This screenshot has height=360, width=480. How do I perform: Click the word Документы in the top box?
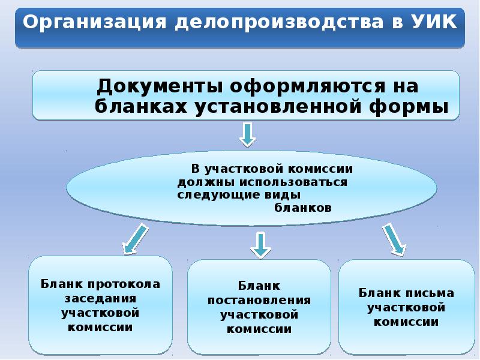(159, 86)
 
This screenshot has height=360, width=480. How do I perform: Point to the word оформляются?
(307, 86)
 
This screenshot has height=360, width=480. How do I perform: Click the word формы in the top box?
(409, 108)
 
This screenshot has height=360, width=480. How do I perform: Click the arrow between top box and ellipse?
(247, 134)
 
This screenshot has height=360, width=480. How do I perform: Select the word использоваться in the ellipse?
(293, 182)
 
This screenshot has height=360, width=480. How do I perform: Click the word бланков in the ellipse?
(303, 208)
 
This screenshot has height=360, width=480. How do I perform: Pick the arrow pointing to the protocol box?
(135, 239)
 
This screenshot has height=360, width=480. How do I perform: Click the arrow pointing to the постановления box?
(260, 245)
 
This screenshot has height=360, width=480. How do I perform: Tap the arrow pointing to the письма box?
(394, 239)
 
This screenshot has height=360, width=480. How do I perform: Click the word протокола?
(124, 284)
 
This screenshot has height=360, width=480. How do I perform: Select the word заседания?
(100, 298)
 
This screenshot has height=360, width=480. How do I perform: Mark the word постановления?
(259, 300)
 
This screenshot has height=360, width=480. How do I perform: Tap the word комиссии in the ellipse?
(320, 169)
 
